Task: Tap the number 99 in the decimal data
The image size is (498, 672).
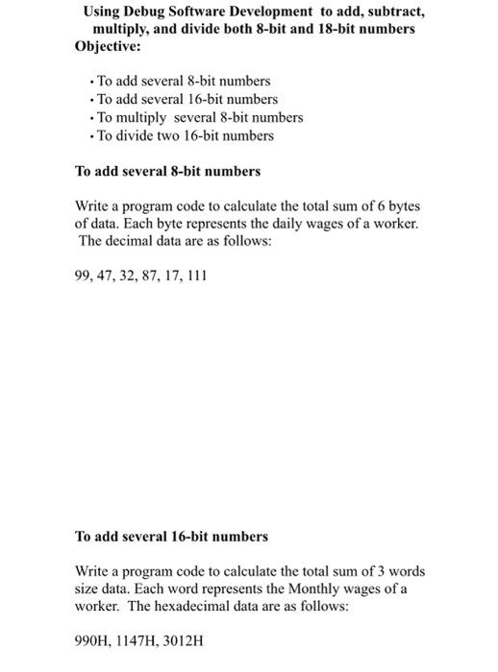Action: [84, 276]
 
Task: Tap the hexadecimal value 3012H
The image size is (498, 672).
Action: [185, 639]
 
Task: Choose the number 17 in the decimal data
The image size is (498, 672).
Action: [172, 276]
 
